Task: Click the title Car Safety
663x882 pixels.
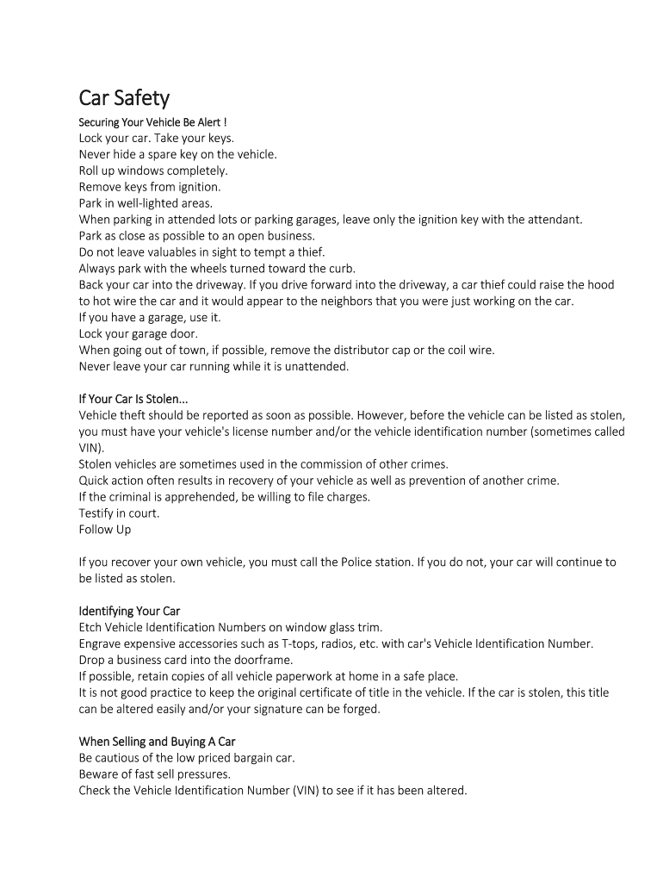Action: point(124,98)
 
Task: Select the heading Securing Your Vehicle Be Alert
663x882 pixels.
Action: point(152,121)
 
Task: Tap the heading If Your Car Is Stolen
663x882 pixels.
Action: point(133,399)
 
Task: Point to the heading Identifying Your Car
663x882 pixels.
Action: point(129,612)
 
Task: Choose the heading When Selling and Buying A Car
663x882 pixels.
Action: point(157,742)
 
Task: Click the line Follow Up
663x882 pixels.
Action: point(105,530)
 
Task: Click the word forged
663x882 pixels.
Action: point(358,710)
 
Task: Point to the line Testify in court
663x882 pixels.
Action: point(119,513)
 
